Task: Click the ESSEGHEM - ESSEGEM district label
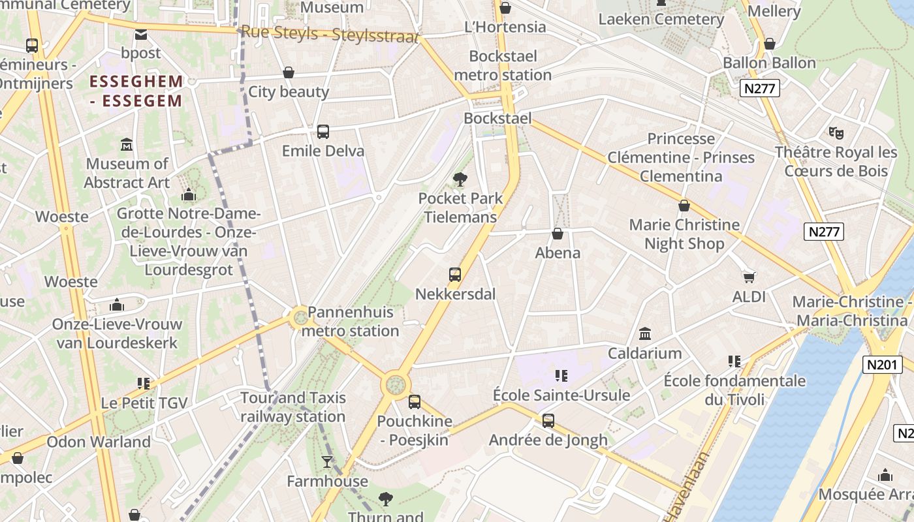pyautogui.click(x=136, y=91)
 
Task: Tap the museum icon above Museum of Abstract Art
pyautogui.click(x=127, y=144)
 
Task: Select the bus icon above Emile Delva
pyautogui.click(x=323, y=132)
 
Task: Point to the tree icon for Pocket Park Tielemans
pyautogui.click(x=460, y=179)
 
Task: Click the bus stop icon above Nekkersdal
pyautogui.click(x=455, y=275)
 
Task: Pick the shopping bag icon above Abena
pyautogui.click(x=558, y=234)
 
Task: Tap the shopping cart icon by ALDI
pyautogui.click(x=749, y=277)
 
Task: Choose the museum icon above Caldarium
pyautogui.click(x=645, y=334)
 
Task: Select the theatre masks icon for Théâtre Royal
pyautogui.click(x=836, y=133)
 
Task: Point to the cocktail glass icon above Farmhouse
pyautogui.click(x=327, y=463)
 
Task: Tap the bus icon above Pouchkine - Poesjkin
pyautogui.click(x=415, y=402)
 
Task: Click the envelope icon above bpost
pyautogui.click(x=141, y=34)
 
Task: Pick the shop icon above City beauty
pyautogui.click(x=289, y=72)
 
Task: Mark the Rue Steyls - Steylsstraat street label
pyautogui.click(x=329, y=34)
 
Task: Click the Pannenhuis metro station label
pyautogui.click(x=353, y=322)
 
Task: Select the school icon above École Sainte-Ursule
pyautogui.click(x=561, y=375)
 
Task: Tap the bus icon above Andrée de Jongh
pyautogui.click(x=548, y=421)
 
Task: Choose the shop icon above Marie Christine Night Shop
pyautogui.click(x=684, y=206)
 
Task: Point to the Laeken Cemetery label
pyautogui.click(x=661, y=19)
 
